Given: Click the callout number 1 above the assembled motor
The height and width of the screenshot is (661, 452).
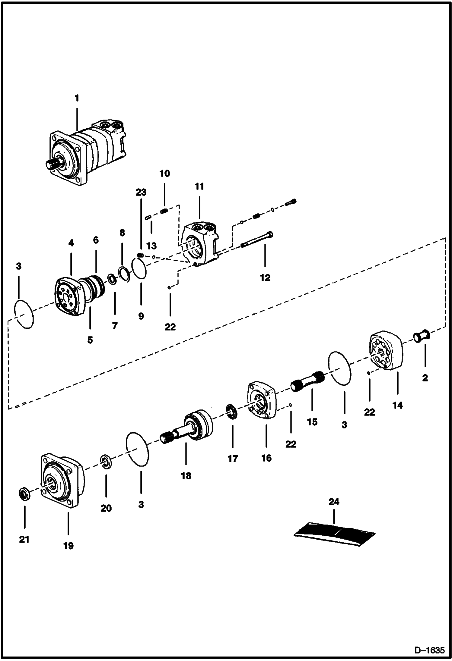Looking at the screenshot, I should (77, 99).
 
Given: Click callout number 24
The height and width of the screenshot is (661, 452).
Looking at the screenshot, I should (334, 502).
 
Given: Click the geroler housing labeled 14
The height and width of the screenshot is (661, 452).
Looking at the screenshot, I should (386, 351).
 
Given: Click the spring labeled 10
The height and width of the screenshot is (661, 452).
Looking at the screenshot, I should (164, 211).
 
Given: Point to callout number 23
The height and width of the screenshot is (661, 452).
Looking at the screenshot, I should (141, 192).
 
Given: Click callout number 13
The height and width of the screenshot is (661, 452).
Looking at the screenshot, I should (151, 246).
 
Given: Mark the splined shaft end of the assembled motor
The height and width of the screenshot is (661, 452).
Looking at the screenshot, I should (51, 164).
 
